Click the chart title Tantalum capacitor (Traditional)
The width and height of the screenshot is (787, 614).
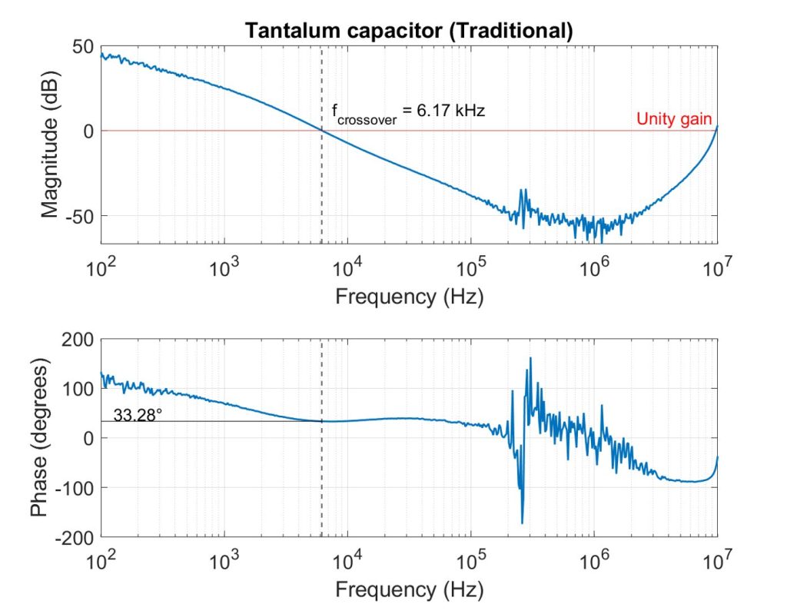pos(408,31)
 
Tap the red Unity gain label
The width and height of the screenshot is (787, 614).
pos(674,120)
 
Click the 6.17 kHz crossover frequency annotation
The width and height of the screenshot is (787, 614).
pos(408,112)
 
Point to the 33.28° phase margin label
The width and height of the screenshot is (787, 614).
pos(138,416)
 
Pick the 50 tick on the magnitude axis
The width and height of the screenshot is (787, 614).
pos(85,48)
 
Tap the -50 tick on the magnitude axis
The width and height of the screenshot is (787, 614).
pos(80,215)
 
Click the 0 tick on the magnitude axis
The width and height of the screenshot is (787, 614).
pos(89,131)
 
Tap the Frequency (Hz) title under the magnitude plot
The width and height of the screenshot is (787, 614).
pos(409,297)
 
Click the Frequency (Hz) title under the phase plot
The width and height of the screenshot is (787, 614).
pos(409,590)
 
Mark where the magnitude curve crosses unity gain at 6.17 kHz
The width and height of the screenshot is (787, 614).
pos(321,131)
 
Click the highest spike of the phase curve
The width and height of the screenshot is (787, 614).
pos(530,358)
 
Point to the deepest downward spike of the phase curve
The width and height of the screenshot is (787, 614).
pos(523,523)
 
